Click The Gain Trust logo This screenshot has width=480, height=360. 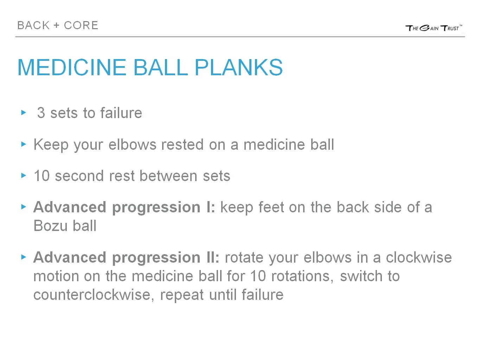coord(433,28)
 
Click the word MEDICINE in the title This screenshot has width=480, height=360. coord(72,67)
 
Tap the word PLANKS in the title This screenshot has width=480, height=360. coord(238,67)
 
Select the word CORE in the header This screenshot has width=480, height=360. coord(81,25)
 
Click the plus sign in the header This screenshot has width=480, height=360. coord(56,25)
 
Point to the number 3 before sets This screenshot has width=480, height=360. coord(41,113)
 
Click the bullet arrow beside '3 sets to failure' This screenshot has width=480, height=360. coord(24,112)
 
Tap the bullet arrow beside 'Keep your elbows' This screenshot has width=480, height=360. coord(24,144)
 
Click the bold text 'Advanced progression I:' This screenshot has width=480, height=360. coord(124,207)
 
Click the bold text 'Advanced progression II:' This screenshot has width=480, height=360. coord(126,257)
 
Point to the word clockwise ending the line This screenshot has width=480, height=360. coord(418,257)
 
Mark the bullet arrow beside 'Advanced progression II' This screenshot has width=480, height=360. coord(24,257)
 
